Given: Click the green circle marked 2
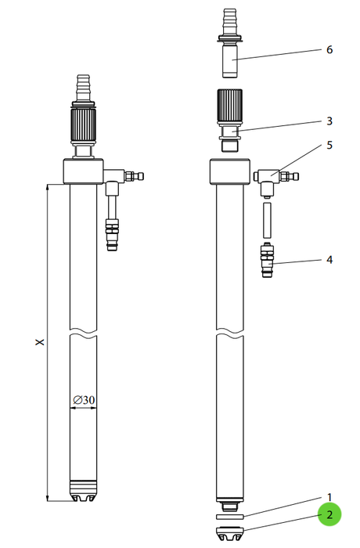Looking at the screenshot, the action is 329,514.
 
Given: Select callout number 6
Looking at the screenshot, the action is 329,49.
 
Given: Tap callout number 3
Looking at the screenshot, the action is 329,121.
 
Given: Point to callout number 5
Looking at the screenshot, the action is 329,145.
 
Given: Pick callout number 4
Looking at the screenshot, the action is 329,260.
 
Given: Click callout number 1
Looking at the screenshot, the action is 329,497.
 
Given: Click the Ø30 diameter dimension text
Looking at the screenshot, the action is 84,399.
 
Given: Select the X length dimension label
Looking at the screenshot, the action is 41,341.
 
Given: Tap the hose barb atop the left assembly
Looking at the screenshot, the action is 83,88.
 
